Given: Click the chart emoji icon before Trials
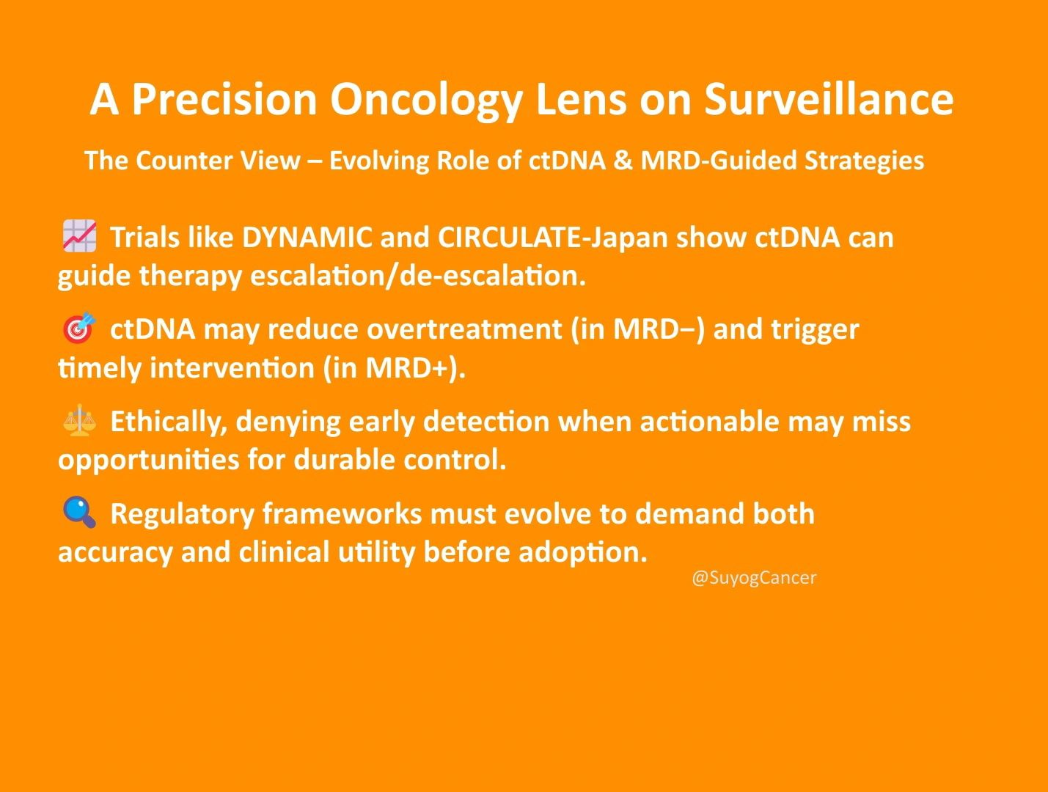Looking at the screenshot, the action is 79,236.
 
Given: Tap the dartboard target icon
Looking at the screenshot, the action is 79,328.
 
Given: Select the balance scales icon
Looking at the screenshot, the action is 79,420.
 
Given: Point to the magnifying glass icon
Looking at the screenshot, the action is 79,513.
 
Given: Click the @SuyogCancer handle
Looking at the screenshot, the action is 754,578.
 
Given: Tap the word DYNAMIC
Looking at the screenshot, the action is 307,237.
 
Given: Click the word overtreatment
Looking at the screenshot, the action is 464,329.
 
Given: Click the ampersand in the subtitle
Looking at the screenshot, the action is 623,161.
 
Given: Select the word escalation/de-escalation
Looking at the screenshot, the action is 418,276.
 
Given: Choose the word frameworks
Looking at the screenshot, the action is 342,513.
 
